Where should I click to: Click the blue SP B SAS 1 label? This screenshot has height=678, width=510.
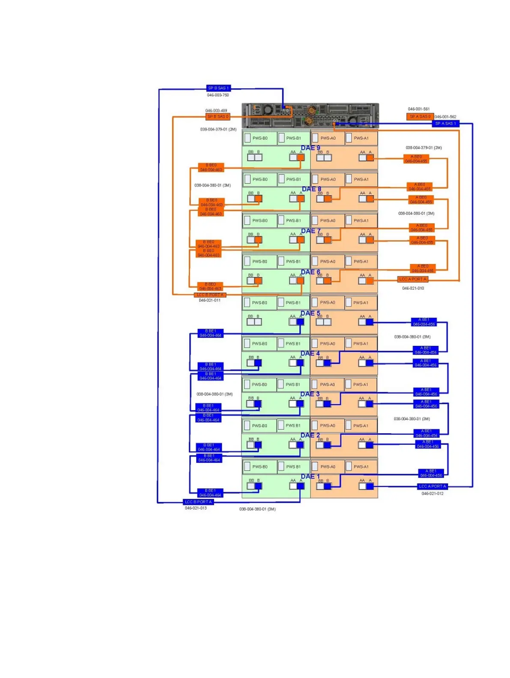tap(218, 88)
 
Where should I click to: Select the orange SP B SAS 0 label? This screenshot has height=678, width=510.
tap(218, 116)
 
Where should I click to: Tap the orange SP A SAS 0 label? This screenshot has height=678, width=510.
tap(420, 116)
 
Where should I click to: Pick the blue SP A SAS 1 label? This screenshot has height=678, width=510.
tap(445, 123)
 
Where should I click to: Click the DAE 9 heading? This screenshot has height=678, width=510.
tap(310, 148)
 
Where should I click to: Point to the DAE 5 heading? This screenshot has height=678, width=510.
tap(310, 313)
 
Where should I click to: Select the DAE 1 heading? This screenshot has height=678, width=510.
tap(310, 476)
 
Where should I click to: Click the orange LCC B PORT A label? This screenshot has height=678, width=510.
tap(210, 295)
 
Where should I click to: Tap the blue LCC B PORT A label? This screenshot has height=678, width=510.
tap(198, 502)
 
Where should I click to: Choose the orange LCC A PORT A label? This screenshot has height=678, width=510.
tap(413, 279)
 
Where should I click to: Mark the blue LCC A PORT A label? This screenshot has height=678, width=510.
tap(432, 486)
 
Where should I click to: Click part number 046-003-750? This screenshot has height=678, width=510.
tap(218, 95)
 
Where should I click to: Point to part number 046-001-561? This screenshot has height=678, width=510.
tap(418, 109)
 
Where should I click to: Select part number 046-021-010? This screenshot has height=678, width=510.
tap(413, 288)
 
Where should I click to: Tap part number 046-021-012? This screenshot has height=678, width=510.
tap(432, 494)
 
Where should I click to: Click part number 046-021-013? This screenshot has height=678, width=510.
tap(196, 508)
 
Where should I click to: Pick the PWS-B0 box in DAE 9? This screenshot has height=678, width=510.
tap(259, 138)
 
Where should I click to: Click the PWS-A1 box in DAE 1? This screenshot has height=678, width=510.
tap(361, 467)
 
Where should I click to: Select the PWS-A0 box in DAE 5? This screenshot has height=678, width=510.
tap(327, 303)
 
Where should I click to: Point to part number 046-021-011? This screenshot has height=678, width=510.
tap(209, 300)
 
